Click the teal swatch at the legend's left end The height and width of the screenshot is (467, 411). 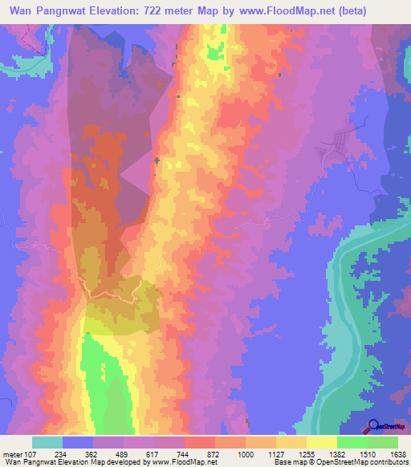pos(47,441)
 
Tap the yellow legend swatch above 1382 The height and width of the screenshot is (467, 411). pos(321,441)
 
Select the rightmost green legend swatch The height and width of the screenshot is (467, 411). pos(382,441)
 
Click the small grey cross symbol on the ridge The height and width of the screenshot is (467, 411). pos(157,161)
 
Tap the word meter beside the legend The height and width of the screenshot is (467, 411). pos(14,452)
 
